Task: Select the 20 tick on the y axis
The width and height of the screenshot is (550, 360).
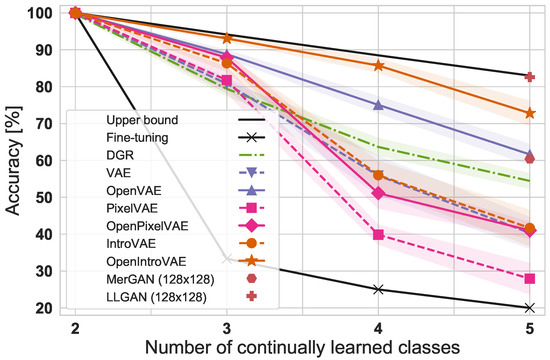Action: pyautogui.click(x=41, y=308)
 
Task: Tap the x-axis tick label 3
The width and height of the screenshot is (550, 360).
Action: pyautogui.click(x=227, y=328)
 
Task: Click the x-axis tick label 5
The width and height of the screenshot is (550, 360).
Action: pyautogui.click(x=529, y=328)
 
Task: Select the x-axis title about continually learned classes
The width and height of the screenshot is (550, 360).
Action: pyautogui.click(x=302, y=347)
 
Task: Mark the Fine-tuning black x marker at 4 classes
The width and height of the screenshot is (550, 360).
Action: pyautogui.click(x=378, y=289)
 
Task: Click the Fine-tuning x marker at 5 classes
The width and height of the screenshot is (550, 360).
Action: pyautogui.click(x=529, y=308)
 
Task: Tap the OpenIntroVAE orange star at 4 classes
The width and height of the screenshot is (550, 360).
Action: pyautogui.click(x=378, y=65)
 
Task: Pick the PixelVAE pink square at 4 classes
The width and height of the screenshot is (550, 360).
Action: pyautogui.click(x=378, y=234)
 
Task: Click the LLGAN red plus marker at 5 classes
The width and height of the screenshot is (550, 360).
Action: pyautogui.click(x=529, y=76)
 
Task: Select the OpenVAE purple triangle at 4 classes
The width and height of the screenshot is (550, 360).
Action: pyautogui.click(x=378, y=105)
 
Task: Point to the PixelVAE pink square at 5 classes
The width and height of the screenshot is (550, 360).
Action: pyautogui.click(x=529, y=278)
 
